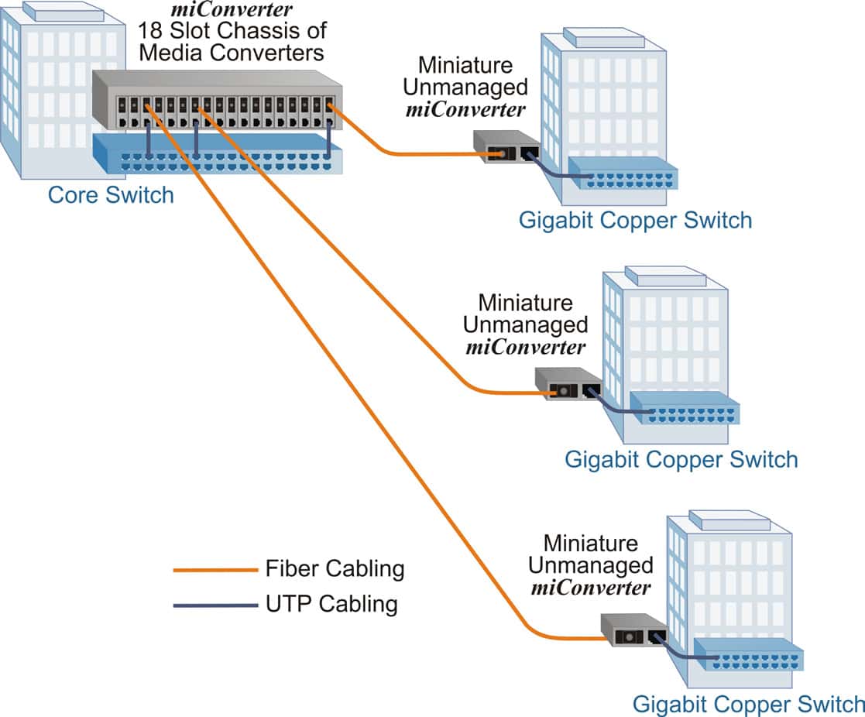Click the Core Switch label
111,194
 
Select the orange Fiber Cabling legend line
215,570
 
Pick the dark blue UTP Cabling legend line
215,605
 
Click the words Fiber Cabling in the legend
335,569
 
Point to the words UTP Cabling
331,604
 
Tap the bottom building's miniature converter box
633,630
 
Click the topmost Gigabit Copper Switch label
635,221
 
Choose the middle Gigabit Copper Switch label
681,459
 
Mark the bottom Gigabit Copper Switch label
748,705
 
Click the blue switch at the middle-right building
685,409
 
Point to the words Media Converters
232,53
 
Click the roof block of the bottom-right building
719,518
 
